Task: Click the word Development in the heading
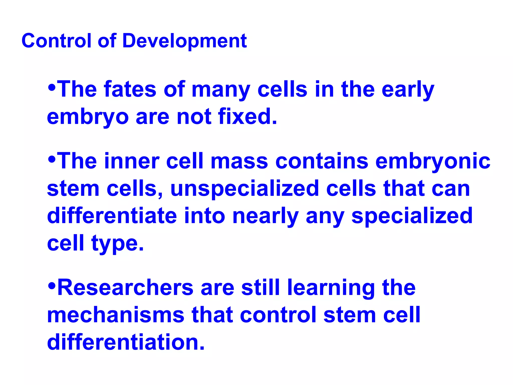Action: point(184,41)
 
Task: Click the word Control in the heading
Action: point(56,41)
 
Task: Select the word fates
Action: point(130,89)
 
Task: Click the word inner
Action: point(132,161)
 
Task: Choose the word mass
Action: point(239,162)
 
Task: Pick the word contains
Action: point(322,161)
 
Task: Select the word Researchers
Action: point(125,288)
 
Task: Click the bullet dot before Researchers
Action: point(52,285)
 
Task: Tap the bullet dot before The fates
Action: point(52,87)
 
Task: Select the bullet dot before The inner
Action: point(52,159)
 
